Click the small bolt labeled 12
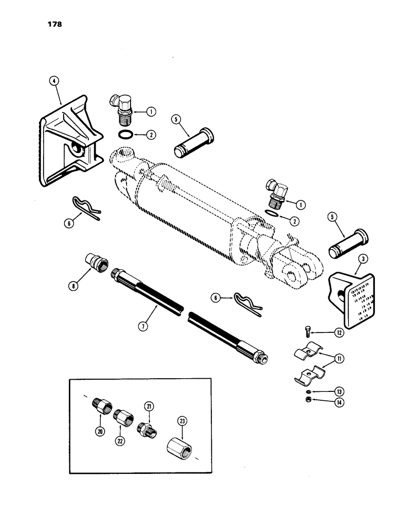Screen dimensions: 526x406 (309, 331)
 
